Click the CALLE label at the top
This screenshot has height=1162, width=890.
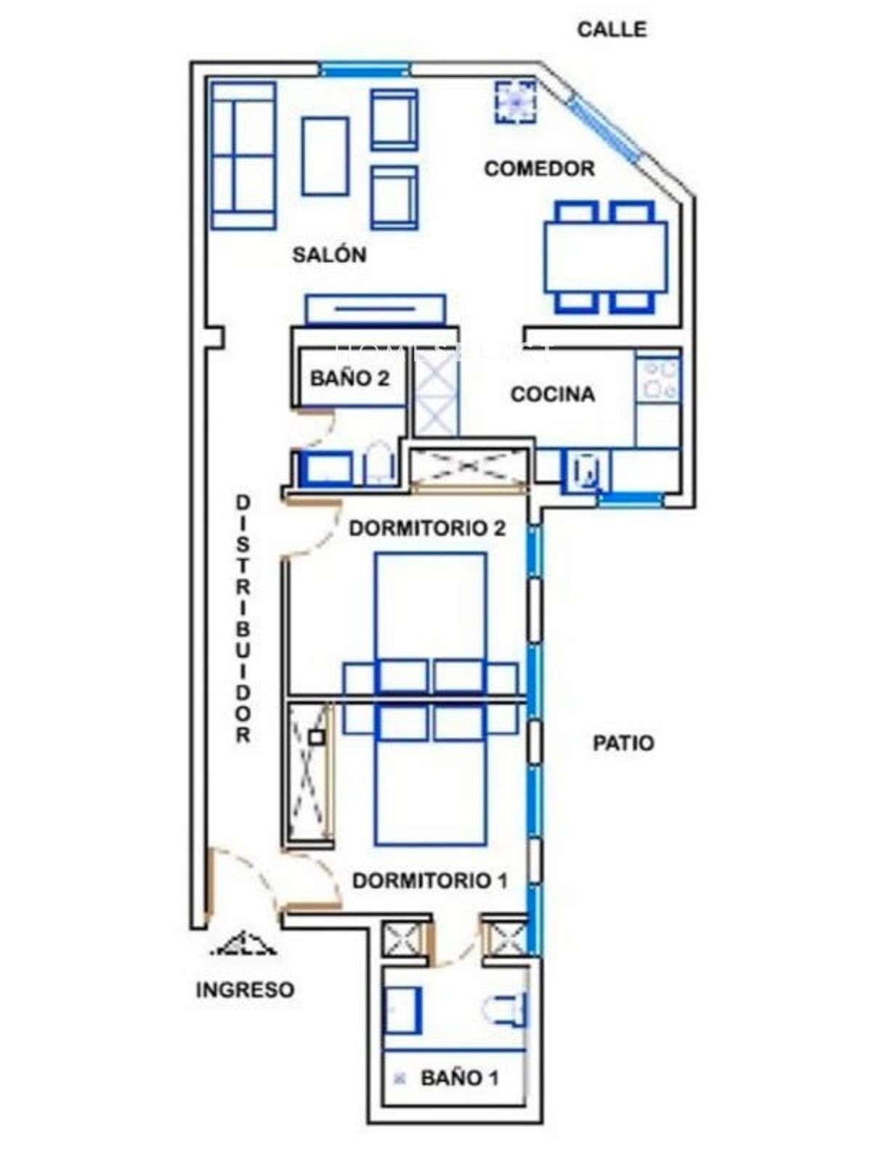[x=611, y=29]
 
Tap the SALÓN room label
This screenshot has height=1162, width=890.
[x=329, y=254]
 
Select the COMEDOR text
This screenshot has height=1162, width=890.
[x=539, y=168]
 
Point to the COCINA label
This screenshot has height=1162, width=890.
[x=552, y=394]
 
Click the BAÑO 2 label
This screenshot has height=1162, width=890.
[x=349, y=378]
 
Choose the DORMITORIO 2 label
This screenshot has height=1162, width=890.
[x=426, y=528]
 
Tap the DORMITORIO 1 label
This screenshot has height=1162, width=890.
[x=430, y=880]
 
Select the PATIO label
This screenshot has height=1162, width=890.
[x=623, y=743]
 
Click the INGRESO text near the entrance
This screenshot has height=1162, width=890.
[x=245, y=989]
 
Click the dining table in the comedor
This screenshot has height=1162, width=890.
[x=605, y=257]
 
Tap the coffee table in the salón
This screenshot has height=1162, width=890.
[x=325, y=156]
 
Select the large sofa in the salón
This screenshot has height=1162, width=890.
[x=243, y=155]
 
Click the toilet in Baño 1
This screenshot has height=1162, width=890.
[x=504, y=1008]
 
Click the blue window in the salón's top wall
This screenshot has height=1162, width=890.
[x=365, y=70]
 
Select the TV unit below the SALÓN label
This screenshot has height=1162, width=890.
[x=376, y=309]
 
